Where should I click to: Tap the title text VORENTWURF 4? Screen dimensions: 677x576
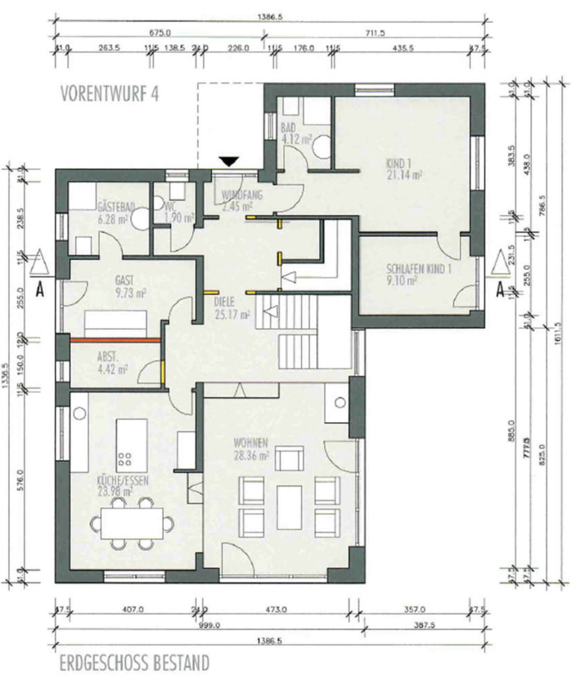tap(110, 93)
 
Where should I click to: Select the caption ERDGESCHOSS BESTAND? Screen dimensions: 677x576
tap(134, 663)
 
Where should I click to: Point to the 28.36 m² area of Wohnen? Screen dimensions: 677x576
tap(251, 455)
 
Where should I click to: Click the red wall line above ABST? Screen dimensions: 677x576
tap(115, 340)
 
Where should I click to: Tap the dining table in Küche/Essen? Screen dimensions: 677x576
tap(132, 523)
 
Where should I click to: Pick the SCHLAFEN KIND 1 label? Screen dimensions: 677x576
tap(418, 269)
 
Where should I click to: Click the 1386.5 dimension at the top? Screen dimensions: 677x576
tap(270, 17)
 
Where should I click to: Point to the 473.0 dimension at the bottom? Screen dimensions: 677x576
tap(276, 610)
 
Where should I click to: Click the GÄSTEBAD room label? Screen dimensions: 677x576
tap(111, 207)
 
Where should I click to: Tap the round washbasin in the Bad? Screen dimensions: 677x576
tap(322, 147)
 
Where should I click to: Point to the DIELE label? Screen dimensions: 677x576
tap(224, 302)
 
